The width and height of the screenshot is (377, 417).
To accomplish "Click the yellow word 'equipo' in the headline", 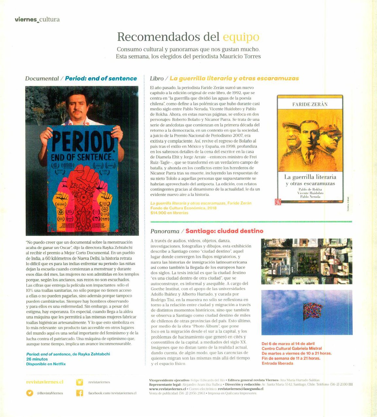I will (x=241, y=37).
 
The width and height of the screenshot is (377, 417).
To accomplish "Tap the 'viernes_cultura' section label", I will (x=37, y=19).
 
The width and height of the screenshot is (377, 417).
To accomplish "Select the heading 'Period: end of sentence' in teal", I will (x=101, y=78).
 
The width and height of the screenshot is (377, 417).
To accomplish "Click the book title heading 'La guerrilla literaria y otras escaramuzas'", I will (x=234, y=78).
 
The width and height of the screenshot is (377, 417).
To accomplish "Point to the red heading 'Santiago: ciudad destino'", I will (x=224, y=231).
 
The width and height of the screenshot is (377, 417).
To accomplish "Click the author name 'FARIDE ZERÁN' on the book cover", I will (x=310, y=104).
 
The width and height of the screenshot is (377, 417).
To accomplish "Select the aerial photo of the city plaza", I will (x=306, y=262).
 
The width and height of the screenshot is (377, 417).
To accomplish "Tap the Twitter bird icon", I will (x=30, y=393).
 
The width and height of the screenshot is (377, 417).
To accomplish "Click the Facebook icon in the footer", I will (x=79, y=393).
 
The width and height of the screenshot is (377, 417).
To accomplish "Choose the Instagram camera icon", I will (x=79, y=382).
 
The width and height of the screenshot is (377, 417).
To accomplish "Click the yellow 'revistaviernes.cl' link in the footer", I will (x=44, y=382).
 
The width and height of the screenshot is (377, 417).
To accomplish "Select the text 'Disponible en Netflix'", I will (x=46, y=364).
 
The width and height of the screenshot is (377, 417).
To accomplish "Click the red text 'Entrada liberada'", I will (x=277, y=363).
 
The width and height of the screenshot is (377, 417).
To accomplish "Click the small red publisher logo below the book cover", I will (x=278, y=202).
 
